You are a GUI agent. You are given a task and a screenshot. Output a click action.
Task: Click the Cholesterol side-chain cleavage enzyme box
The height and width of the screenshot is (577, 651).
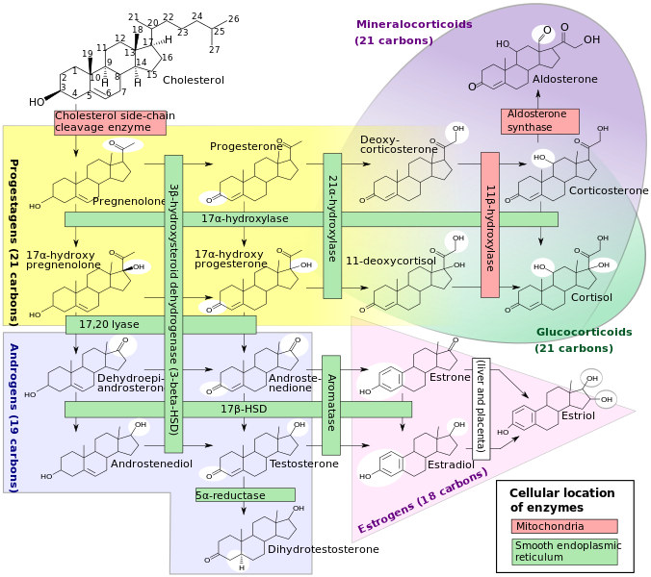tap(110, 121)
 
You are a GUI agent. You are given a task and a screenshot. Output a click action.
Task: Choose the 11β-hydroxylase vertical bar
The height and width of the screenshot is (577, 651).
tap(490, 225)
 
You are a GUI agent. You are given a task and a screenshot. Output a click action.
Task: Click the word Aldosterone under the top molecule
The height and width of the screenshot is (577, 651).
tap(564, 79)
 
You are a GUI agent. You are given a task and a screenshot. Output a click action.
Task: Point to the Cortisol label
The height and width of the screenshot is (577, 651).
tap(591, 297)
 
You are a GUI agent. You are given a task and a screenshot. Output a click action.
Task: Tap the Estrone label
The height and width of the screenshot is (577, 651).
tap(450, 378)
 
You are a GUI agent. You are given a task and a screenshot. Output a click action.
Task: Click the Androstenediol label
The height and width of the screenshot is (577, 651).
tap(152, 464)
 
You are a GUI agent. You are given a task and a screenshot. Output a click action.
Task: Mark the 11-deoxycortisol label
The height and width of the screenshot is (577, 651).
tap(391, 261)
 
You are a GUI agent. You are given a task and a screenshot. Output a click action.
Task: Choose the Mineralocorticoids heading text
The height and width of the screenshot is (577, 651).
tap(414, 25)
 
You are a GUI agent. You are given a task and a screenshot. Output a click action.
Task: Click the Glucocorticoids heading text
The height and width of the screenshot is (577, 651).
tap(584, 332)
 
